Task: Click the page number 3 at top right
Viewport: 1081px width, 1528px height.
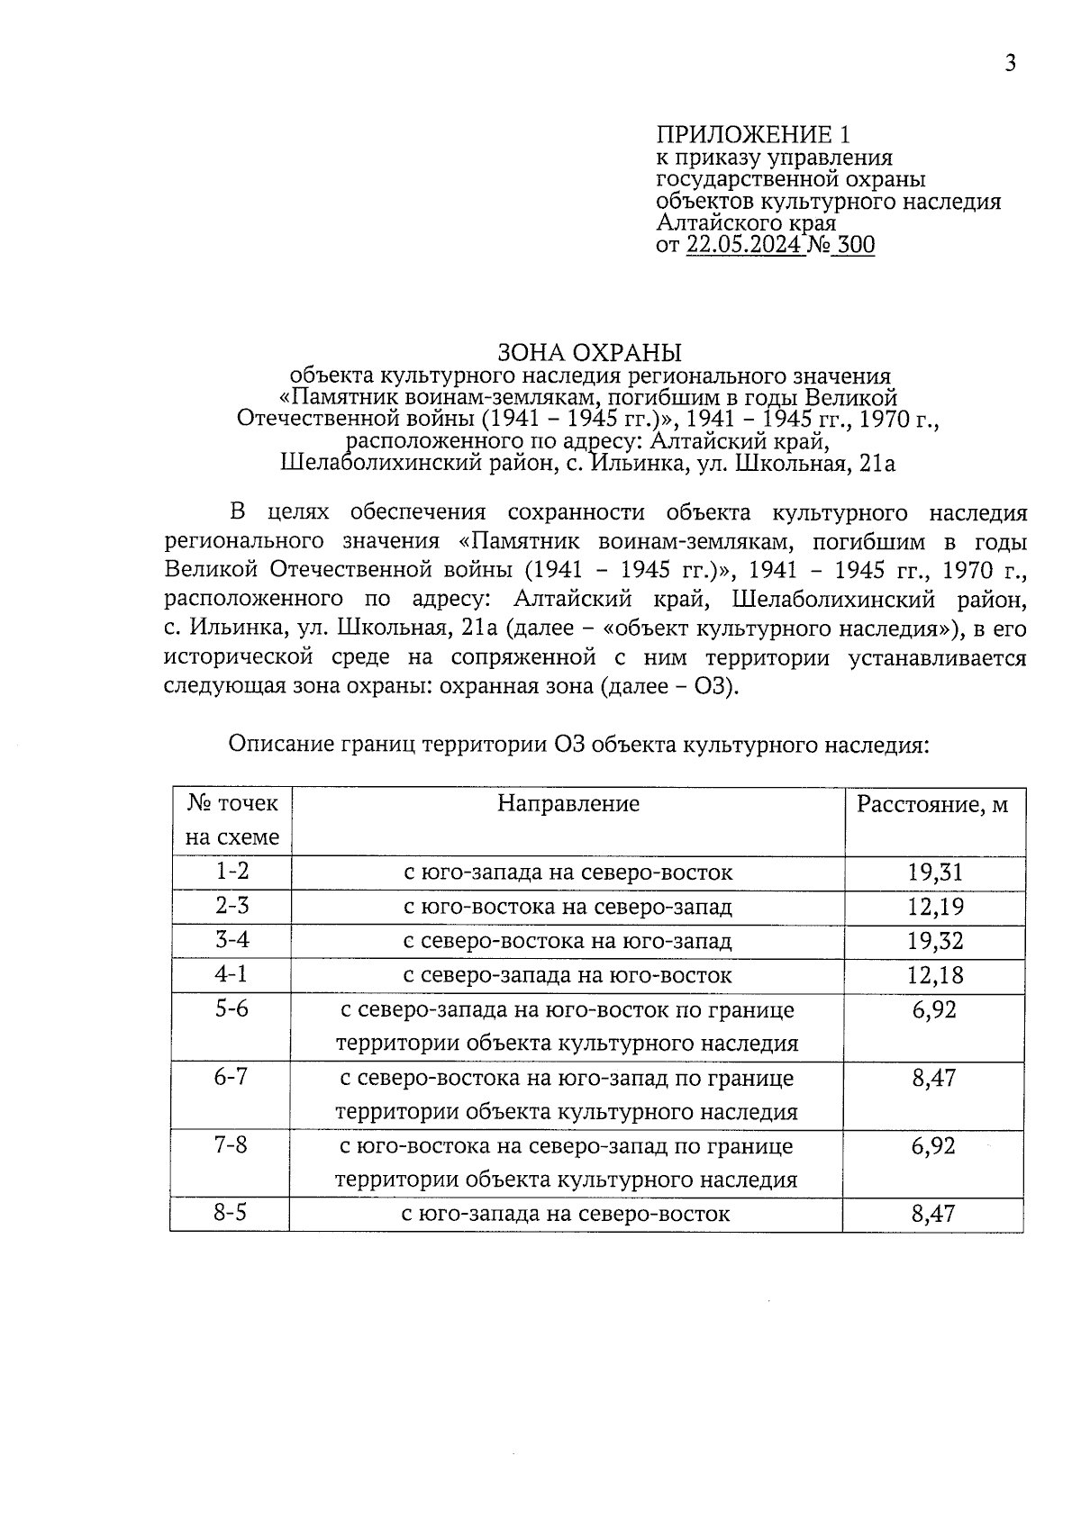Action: (x=1011, y=63)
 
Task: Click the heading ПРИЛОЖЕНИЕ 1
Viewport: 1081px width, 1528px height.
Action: (x=753, y=135)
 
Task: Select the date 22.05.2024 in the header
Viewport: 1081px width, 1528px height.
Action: (x=744, y=245)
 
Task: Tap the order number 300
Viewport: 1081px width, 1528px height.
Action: (x=855, y=245)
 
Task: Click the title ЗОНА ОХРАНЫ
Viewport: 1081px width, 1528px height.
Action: (x=590, y=352)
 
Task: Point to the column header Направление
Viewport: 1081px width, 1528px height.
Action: (x=568, y=803)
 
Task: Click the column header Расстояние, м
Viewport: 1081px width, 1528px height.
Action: (x=932, y=803)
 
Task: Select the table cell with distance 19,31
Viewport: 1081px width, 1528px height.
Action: (x=934, y=872)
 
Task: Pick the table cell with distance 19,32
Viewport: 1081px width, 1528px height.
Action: (x=934, y=941)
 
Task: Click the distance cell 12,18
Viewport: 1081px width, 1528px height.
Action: (x=934, y=975)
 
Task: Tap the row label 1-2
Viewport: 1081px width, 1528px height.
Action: (x=232, y=871)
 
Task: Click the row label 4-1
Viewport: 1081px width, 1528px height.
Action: (x=232, y=974)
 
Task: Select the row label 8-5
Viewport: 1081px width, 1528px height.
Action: (x=231, y=1213)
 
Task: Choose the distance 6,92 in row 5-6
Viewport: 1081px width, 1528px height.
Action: (x=934, y=1010)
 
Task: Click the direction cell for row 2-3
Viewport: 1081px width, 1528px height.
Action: (x=568, y=907)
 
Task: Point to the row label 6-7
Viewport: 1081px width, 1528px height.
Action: (x=231, y=1077)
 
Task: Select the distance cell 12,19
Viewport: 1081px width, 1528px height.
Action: (x=934, y=907)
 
